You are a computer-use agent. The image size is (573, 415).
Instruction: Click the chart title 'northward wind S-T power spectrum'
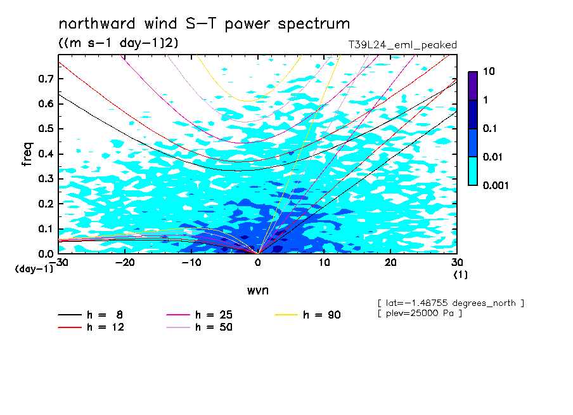point(204,23)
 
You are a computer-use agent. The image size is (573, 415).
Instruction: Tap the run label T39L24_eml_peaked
point(402,45)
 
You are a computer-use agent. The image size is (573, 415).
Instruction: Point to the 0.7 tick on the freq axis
point(46,79)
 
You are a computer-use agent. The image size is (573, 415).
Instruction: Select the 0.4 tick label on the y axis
point(46,154)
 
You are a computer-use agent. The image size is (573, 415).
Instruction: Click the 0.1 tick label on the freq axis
point(46,228)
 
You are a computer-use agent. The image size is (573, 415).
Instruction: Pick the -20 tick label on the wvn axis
point(125,263)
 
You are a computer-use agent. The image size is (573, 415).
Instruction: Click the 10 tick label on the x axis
point(325,263)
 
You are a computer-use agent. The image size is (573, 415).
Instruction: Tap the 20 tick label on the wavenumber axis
point(390,263)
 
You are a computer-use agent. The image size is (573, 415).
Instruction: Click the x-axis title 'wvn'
point(257,291)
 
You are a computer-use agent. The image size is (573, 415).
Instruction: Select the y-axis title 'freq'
point(27,154)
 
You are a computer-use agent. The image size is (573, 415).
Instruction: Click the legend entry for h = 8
point(91,315)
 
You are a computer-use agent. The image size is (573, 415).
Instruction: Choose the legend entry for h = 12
point(91,327)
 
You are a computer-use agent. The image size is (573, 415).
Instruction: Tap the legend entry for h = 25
point(200,315)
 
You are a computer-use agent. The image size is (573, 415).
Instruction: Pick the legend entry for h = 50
point(200,327)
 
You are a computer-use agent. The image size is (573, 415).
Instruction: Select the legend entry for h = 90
point(307,315)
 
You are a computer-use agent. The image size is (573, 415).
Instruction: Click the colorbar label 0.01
point(493,157)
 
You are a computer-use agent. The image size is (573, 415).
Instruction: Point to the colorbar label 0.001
point(496,185)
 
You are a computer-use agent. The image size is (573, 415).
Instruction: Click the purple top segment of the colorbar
point(473,86)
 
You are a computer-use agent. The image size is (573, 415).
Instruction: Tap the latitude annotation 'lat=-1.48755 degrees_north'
point(451,303)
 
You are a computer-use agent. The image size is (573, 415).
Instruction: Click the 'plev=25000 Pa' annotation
point(420,313)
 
